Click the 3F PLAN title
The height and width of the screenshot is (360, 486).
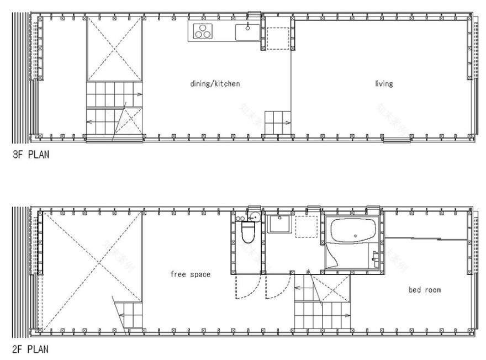(x=30, y=155)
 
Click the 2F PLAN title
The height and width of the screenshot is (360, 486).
(x=30, y=349)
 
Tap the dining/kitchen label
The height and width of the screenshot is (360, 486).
(x=215, y=84)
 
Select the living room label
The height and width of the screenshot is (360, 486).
(x=384, y=84)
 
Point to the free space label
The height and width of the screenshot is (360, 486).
(x=190, y=274)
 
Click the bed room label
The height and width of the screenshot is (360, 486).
(x=425, y=289)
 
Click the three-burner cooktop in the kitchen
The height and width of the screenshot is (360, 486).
(x=203, y=32)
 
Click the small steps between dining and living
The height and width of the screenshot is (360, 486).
(x=278, y=119)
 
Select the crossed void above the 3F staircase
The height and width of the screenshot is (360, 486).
(x=114, y=50)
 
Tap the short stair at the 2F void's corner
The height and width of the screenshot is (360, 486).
(x=128, y=315)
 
